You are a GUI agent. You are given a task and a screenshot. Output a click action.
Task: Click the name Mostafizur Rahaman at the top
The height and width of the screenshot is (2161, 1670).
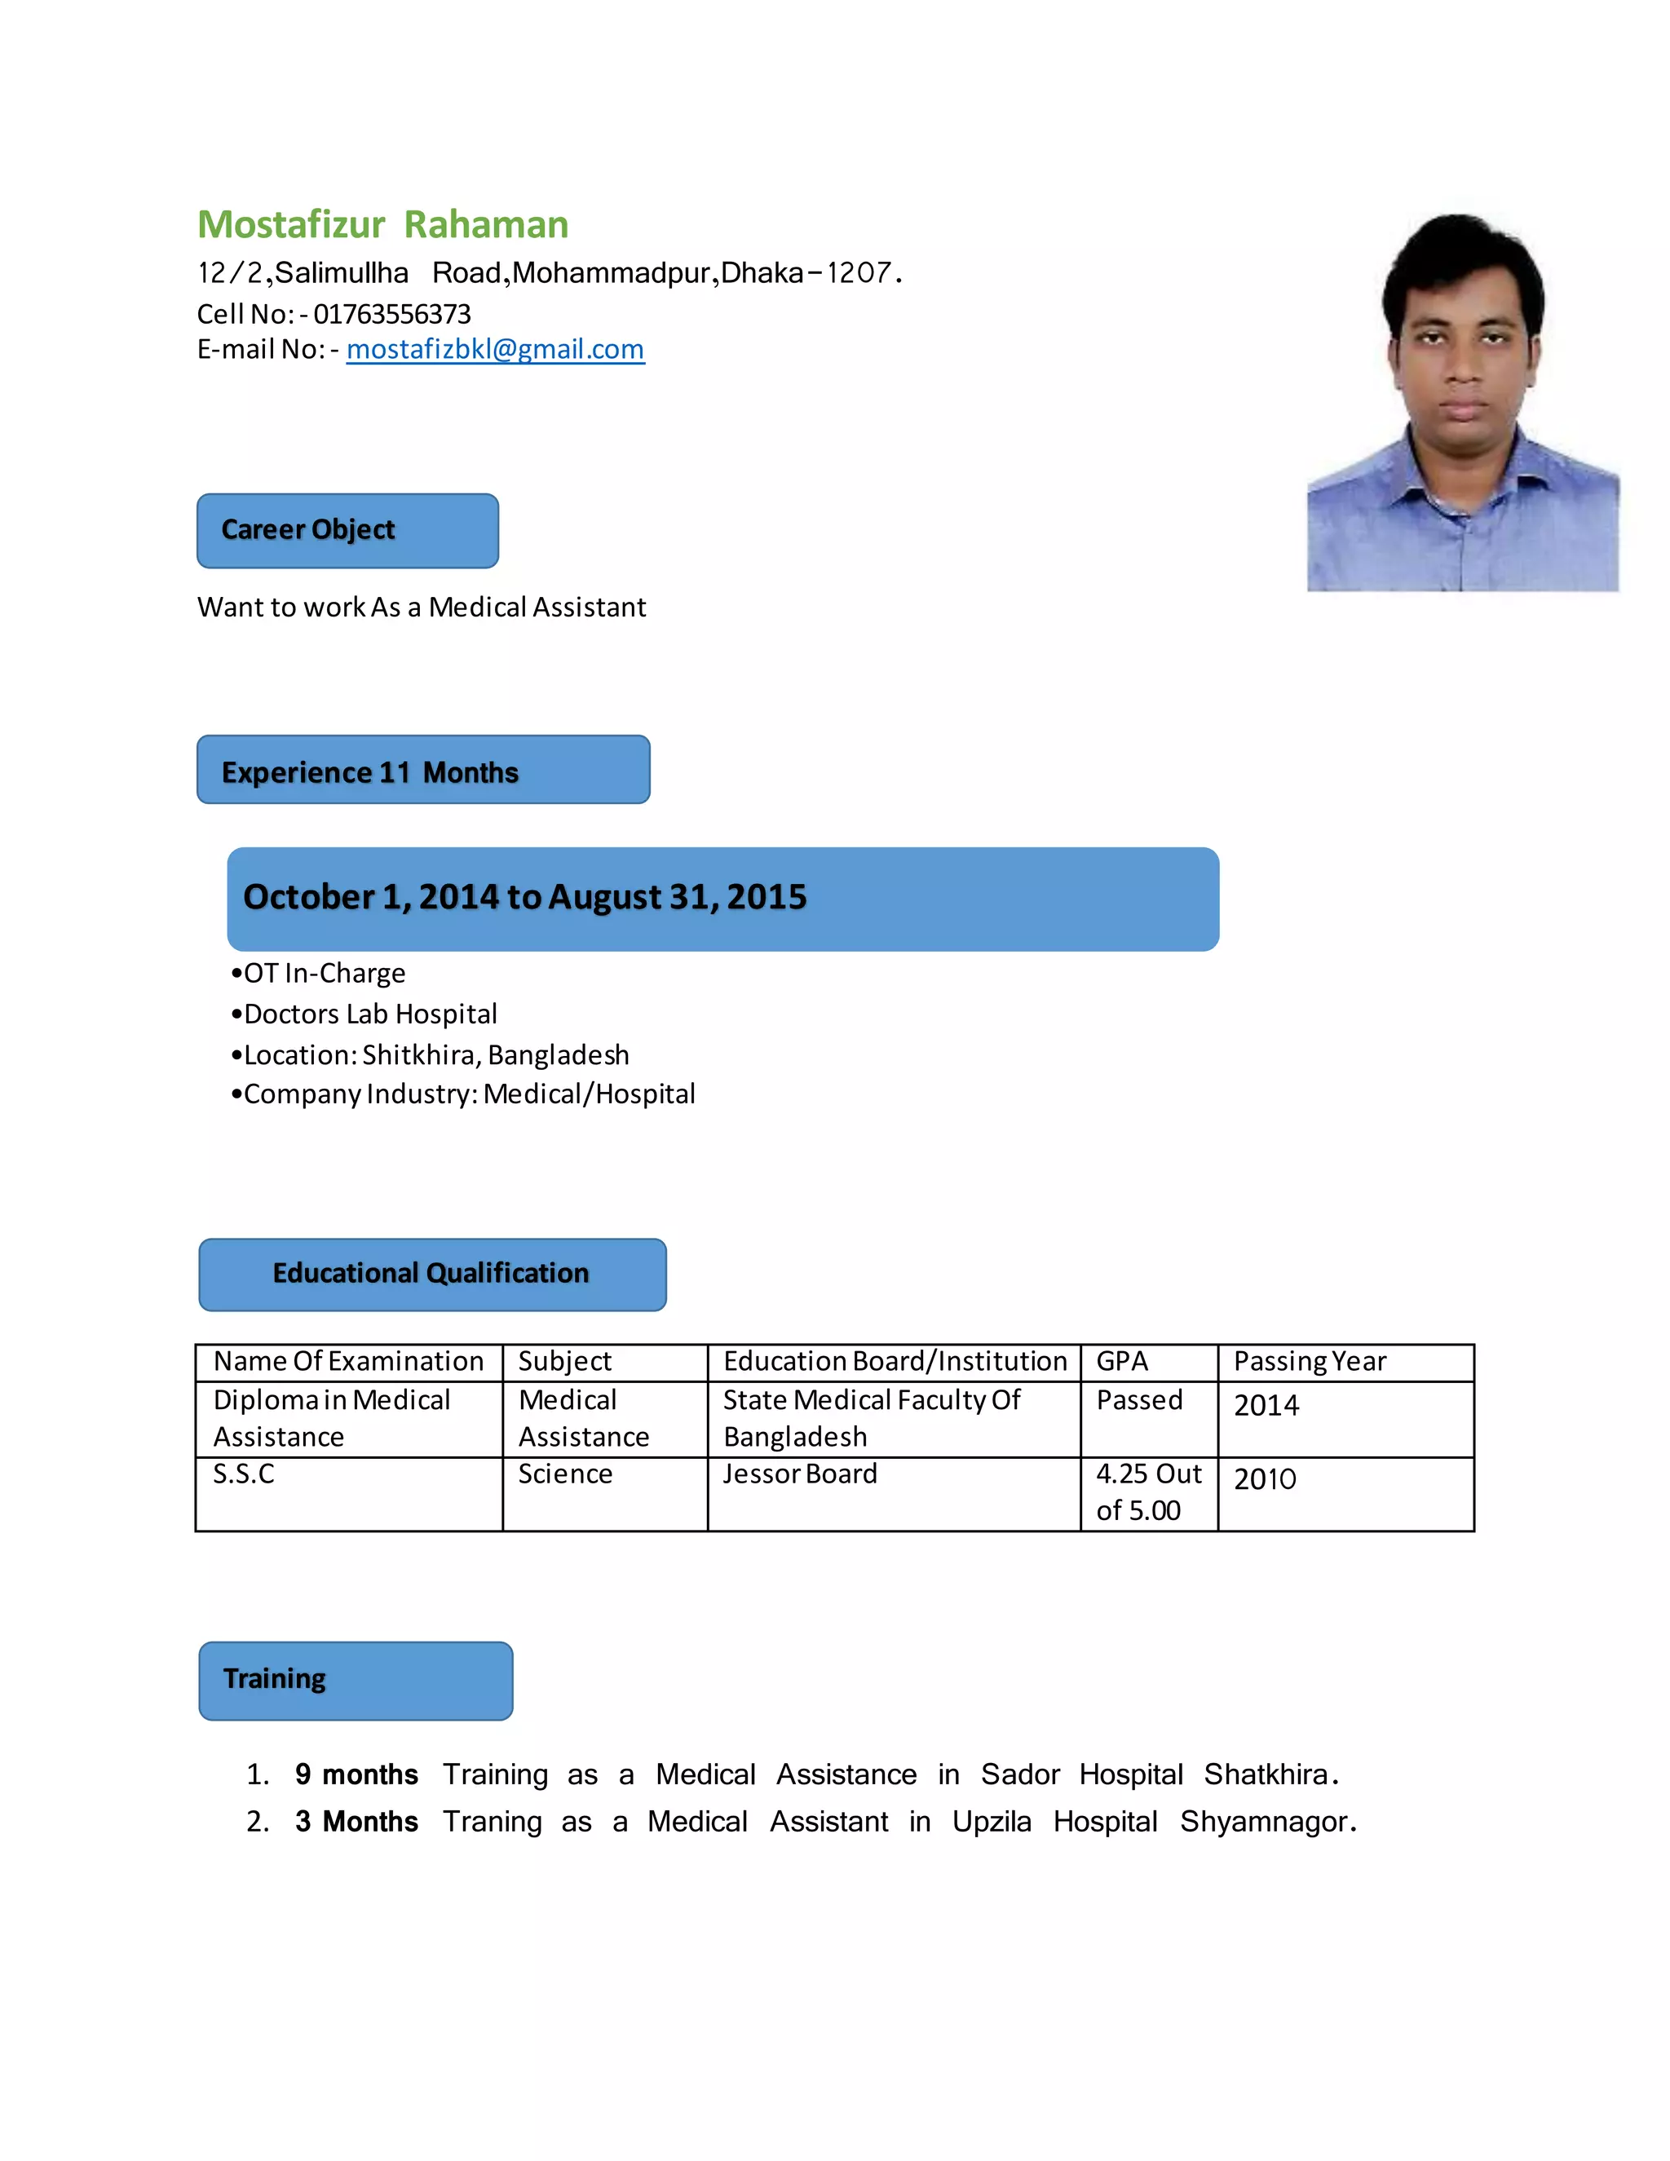tap(383, 224)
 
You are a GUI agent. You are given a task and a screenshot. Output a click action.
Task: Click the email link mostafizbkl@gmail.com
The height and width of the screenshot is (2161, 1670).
tap(495, 349)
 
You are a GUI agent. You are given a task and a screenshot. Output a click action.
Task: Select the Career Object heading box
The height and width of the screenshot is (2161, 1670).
tap(347, 530)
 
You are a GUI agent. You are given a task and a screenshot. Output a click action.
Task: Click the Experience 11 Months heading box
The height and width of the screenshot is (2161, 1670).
tap(422, 770)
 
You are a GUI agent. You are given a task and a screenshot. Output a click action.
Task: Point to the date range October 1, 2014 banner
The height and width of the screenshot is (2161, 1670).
tap(722, 899)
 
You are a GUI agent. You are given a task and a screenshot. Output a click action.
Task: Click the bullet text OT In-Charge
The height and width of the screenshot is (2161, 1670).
tap(324, 974)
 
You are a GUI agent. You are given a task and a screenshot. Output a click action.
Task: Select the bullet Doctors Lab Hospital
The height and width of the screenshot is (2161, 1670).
tap(369, 1014)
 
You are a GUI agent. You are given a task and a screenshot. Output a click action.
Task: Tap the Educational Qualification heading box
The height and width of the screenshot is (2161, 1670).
tap(432, 1274)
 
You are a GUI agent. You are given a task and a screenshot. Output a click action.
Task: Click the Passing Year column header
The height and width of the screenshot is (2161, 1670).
tap(1309, 1362)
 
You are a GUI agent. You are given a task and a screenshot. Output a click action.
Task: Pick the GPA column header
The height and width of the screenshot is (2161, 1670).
tap(1122, 1362)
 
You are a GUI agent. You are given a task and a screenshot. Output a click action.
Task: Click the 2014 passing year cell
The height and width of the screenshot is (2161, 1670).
tap(1266, 1406)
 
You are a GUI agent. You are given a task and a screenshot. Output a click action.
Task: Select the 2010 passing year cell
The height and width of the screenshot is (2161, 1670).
tap(1265, 1479)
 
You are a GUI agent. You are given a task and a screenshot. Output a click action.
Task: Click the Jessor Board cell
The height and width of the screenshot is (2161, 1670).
tap(799, 1474)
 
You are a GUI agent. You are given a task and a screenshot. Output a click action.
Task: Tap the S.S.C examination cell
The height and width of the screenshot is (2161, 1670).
tap(243, 1474)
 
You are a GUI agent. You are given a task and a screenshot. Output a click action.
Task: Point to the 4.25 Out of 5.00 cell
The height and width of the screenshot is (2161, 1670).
tap(1147, 1492)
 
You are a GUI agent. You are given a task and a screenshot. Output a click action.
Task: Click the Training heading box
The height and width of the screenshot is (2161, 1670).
tap(356, 1680)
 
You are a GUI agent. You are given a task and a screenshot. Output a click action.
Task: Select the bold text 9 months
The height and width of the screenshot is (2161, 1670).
tap(356, 1775)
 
